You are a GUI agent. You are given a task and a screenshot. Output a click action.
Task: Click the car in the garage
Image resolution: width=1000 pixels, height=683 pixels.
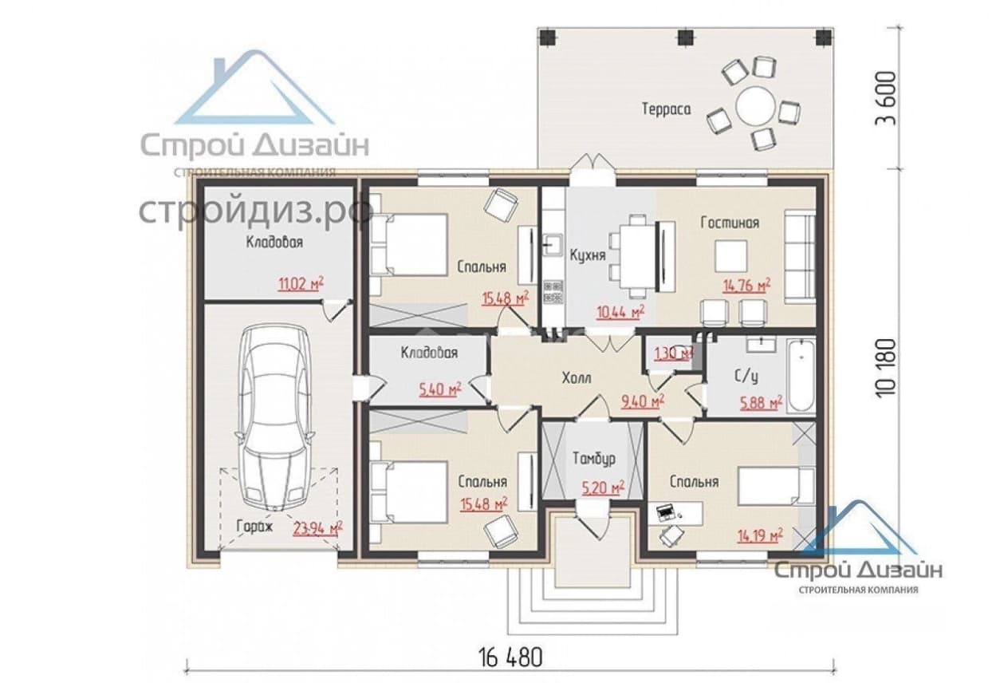(274, 417)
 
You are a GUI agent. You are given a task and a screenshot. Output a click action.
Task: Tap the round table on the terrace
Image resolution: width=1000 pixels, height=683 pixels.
(755, 107)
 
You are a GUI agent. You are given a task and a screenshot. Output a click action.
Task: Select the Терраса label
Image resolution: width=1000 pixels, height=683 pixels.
(666, 109)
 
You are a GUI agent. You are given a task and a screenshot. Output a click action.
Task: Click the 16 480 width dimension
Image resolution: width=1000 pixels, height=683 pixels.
(510, 657)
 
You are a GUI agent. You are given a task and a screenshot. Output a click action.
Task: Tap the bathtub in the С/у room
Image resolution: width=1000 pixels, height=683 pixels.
(801, 376)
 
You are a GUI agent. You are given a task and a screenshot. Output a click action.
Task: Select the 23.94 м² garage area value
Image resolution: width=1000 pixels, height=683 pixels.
(318, 528)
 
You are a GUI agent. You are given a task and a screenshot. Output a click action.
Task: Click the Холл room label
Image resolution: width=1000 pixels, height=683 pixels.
(577, 378)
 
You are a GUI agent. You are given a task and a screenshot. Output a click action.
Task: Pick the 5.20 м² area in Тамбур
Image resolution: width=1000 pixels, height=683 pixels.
(603, 488)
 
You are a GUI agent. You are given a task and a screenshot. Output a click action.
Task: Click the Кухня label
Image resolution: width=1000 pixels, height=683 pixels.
(588, 255)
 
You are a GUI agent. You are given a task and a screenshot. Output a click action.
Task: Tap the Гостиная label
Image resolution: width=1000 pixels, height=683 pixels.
(730, 223)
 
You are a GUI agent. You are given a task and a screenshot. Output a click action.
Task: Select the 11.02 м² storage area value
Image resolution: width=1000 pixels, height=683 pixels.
(301, 283)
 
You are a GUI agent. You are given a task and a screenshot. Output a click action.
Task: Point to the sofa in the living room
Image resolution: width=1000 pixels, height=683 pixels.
(800, 257)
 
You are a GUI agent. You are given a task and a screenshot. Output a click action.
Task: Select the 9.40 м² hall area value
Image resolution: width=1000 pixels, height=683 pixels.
(643, 401)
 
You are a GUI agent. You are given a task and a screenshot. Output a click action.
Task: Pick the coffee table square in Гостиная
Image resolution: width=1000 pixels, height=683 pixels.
(731, 256)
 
